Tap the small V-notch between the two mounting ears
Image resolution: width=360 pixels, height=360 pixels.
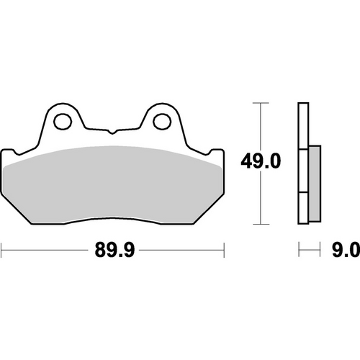(x=113, y=132)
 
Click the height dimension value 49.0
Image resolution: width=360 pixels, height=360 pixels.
(x=258, y=161)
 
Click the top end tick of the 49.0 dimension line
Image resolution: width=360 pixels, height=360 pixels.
(x=258, y=103)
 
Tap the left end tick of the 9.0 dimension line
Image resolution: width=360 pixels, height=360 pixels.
(x=300, y=250)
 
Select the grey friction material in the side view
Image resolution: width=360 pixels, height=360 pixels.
(x=315, y=183)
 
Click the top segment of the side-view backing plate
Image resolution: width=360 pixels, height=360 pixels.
(x=303, y=127)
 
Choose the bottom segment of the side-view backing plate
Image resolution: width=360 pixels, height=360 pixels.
(x=303, y=209)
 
